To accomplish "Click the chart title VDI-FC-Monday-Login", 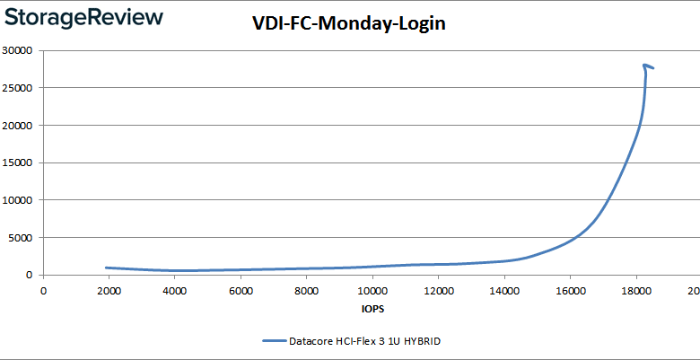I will coord(349,25).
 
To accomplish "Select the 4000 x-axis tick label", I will coord(174,290).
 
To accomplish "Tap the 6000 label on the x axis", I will coord(240,290).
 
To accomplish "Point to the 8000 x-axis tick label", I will coord(306,290).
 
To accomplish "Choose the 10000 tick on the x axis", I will coord(372,290).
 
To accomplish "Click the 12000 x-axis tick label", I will coord(438,290).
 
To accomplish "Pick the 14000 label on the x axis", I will coord(503,290).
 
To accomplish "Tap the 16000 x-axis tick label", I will coord(570,290).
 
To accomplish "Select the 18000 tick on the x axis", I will coord(635,290).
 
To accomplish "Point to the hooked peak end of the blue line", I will coord(652,67).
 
